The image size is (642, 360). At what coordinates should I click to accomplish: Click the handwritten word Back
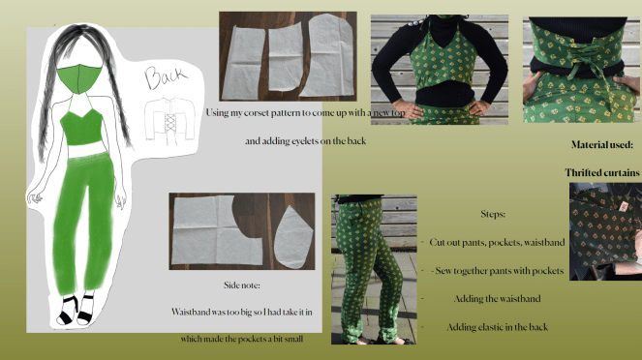[x=166, y=76]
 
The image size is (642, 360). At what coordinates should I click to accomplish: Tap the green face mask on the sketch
[x=79, y=79]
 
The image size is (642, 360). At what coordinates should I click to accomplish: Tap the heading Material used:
[x=602, y=144]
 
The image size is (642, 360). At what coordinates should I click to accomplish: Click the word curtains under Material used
[x=619, y=172]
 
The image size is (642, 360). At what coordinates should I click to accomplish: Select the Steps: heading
[x=493, y=214]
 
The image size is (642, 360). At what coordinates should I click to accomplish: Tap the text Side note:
[x=241, y=285]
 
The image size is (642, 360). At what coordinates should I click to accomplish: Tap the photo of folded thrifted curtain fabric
[x=605, y=231]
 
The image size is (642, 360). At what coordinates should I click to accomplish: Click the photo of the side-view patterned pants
[x=374, y=269]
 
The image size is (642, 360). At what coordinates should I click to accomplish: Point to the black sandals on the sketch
[x=76, y=310]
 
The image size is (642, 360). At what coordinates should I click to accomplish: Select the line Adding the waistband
[x=497, y=299]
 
